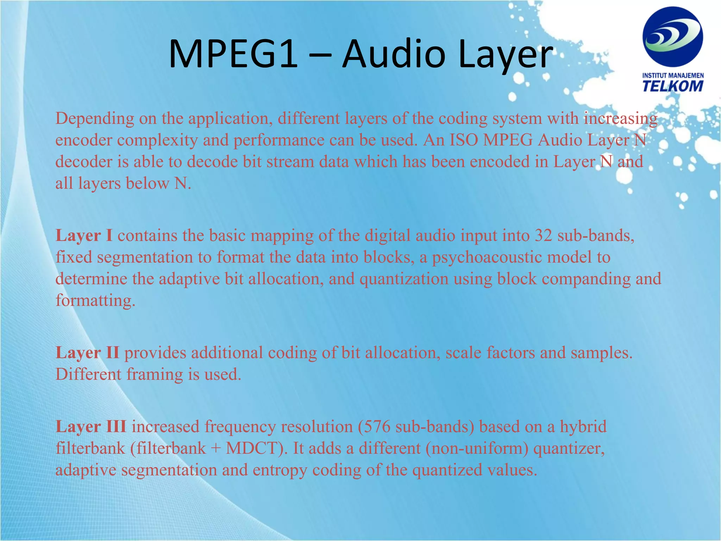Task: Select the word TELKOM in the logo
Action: coord(673,86)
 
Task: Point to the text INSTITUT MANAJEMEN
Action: coord(673,75)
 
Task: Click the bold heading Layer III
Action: coord(91,427)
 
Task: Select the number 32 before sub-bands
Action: coord(544,235)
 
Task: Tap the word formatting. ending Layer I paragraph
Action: coord(95,301)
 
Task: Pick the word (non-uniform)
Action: coord(477,448)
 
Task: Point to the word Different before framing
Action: coord(88,374)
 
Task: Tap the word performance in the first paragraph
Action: coord(279,140)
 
